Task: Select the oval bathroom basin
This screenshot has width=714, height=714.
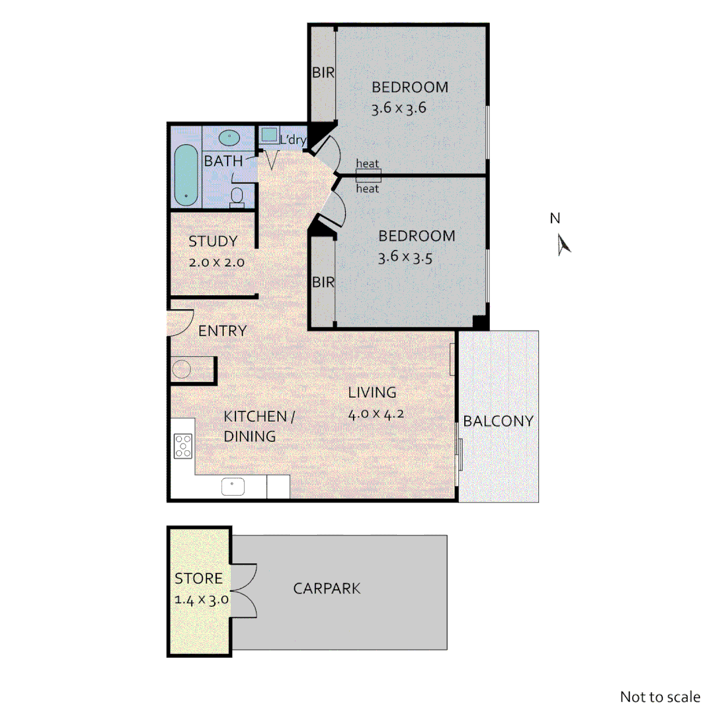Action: tap(229, 138)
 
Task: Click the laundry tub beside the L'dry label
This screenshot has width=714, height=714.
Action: tap(269, 135)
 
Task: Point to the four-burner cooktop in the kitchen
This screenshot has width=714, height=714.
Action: tap(182, 446)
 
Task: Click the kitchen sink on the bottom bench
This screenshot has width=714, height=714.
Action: tap(233, 487)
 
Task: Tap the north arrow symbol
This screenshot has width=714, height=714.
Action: tap(563, 245)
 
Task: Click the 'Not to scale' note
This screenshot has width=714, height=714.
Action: tap(659, 696)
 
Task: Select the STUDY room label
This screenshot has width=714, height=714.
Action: tap(213, 241)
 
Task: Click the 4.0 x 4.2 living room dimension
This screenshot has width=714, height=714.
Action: tap(376, 415)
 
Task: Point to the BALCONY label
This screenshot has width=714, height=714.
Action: tap(498, 421)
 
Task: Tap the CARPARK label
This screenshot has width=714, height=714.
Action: tap(327, 588)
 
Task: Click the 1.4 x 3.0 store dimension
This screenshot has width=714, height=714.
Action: tap(201, 600)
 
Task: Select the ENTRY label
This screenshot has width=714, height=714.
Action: tap(222, 331)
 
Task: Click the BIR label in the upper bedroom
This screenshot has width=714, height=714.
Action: tap(323, 73)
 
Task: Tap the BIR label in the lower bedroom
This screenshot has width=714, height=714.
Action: tap(323, 282)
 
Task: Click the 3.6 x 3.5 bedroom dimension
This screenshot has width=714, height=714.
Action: tap(405, 258)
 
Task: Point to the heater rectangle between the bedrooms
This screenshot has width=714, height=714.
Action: tap(368, 175)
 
